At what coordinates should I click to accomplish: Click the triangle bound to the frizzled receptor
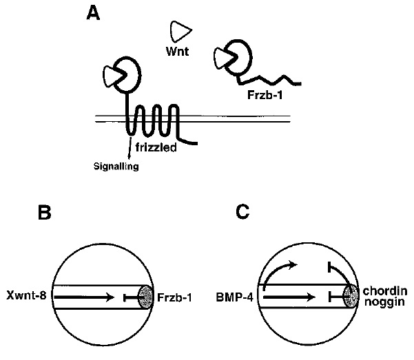(x=111, y=74)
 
